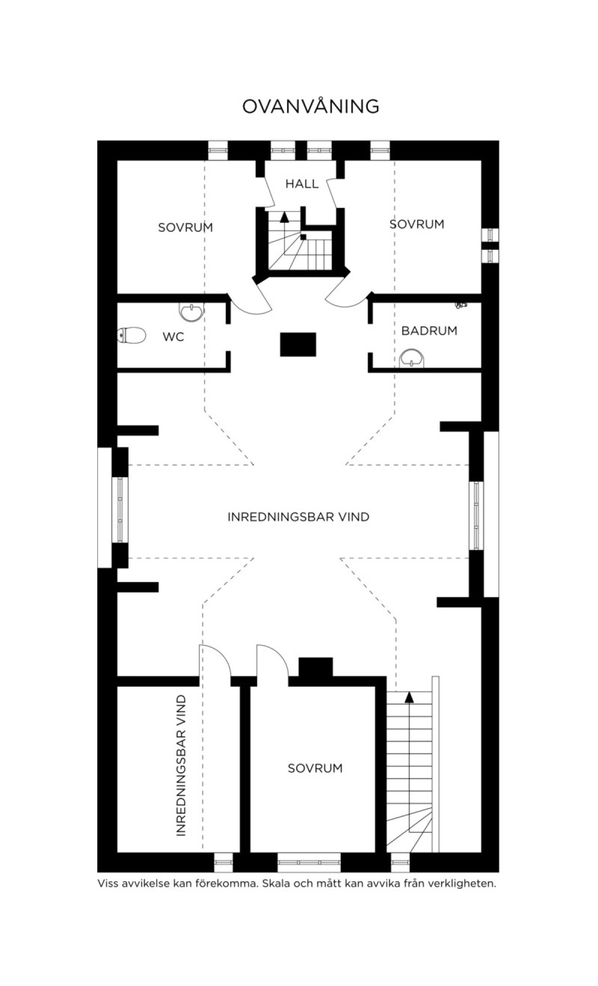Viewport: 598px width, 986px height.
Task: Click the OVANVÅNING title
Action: [310, 106]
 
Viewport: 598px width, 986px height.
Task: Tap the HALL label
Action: [302, 184]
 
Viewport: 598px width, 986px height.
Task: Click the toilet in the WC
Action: [132, 335]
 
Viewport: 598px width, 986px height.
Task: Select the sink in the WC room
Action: [192, 312]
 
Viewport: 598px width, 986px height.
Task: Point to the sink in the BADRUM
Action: [413, 358]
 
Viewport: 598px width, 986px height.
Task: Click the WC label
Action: [173, 337]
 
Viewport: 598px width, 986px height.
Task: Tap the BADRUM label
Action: [429, 331]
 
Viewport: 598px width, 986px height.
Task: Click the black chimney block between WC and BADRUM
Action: [298, 345]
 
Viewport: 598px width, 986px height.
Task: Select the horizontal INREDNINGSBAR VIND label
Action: [299, 517]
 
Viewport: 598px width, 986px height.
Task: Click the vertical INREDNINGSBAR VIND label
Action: [181, 766]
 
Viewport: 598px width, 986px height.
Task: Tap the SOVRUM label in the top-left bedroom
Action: [185, 227]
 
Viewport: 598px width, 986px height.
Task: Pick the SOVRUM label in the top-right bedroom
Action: [417, 224]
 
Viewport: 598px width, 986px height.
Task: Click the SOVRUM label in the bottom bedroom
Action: [315, 768]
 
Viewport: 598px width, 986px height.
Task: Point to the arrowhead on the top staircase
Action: [285, 216]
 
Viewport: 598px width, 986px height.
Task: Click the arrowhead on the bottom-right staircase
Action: [409, 697]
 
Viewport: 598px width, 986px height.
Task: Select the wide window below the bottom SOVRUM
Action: [309, 862]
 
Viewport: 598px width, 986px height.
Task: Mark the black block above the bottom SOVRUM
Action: [315, 667]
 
